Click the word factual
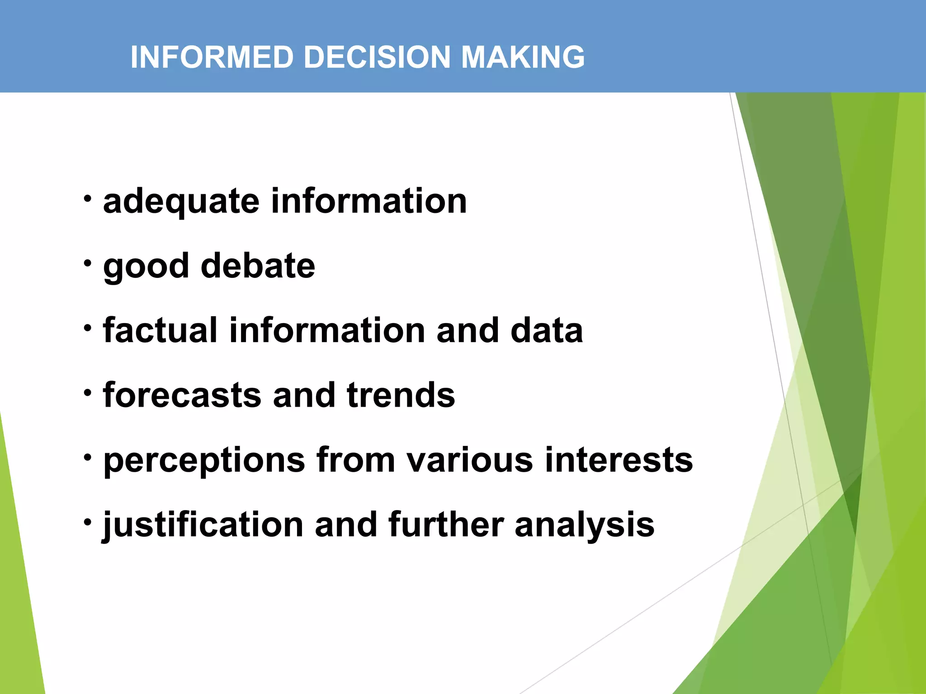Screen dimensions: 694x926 160,330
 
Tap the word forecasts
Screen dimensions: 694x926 182,395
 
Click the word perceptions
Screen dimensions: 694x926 204,460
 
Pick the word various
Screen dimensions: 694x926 470,460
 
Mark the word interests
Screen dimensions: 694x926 619,460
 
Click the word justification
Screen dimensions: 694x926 203,525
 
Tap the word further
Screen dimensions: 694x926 445,525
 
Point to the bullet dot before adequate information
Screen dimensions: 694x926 88,198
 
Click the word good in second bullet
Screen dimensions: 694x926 146,267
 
